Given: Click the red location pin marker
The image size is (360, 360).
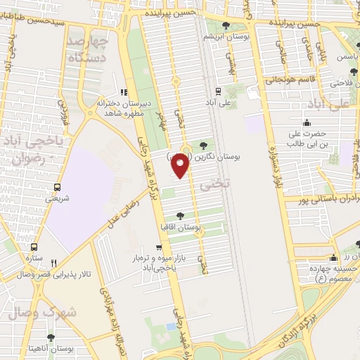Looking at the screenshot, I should pos(181,165).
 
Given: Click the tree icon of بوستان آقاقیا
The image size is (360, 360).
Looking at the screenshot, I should pos(181,216).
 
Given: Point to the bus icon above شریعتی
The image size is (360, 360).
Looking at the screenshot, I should pos(56,188).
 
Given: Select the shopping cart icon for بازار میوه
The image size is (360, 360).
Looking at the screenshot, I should pos(160,248).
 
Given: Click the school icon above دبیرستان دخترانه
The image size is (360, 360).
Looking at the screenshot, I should pos(124,91).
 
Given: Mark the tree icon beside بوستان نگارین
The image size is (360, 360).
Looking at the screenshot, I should pos(204,145).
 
